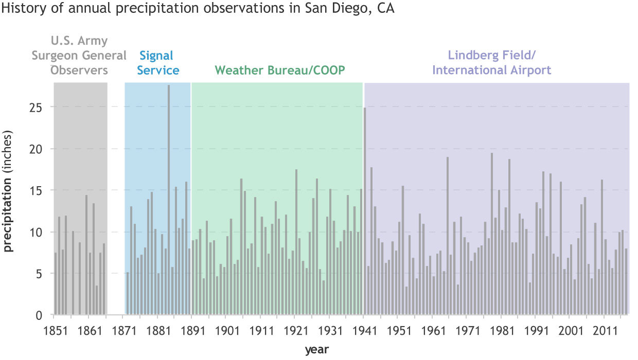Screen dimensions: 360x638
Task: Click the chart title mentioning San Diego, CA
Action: coord(198,10)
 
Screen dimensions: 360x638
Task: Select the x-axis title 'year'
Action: coord(316,350)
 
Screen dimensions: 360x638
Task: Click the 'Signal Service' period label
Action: coord(157,63)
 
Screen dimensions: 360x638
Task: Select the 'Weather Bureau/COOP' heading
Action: coord(280,70)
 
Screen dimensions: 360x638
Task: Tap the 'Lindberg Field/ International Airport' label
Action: coord(492,63)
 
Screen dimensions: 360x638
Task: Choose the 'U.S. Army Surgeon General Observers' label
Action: coord(79,55)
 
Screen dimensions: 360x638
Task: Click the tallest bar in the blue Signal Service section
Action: coord(169,201)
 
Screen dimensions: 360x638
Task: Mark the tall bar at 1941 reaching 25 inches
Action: coord(365,211)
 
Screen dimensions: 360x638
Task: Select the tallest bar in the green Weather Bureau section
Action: coord(296,242)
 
